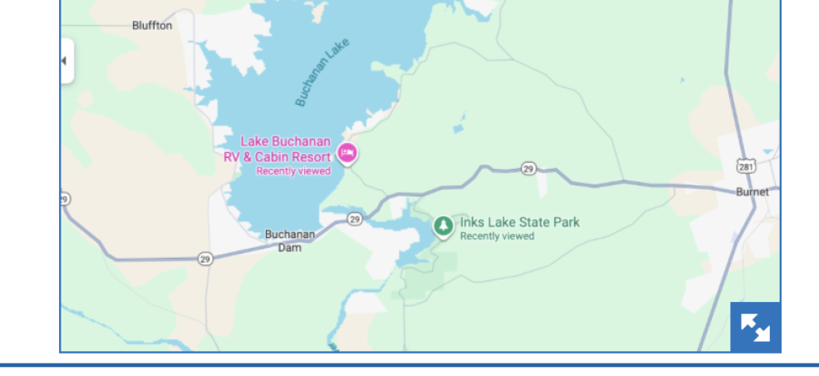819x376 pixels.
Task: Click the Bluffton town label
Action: click(152, 25)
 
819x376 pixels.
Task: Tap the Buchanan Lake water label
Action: click(322, 72)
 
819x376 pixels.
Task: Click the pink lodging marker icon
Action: click(347, 153)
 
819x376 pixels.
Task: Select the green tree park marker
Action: click(444, 225)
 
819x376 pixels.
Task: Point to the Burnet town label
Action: click(753, 192)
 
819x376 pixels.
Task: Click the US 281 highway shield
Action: click(747, 166)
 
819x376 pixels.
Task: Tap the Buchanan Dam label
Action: click(290, 240)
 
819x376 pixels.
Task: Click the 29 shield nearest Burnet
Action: click(528, 169)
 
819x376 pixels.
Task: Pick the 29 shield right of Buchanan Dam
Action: click(355, 219)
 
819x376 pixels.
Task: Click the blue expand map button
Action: click(755, 327)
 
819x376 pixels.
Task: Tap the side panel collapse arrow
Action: click(64, 61)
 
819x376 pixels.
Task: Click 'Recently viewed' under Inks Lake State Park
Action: click(497, 236)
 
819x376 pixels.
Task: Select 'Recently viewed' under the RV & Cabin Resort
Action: click(293, 171)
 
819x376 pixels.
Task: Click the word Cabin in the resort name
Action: click(271, 156)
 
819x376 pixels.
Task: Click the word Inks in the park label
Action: click(472, 222)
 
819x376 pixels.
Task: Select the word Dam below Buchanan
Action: click(290, 247)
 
